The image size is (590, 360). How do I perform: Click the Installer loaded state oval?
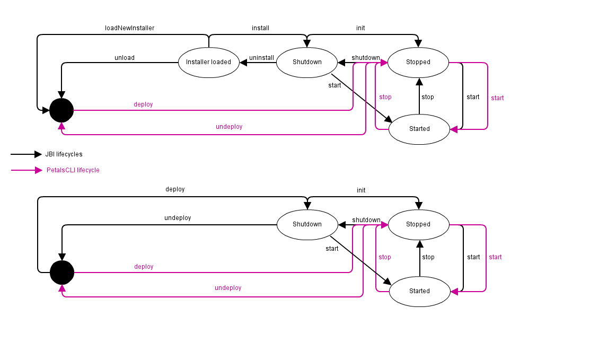pos(208,62)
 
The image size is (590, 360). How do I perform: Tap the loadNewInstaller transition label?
pos(129,28)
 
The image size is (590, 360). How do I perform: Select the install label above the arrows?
pos(260,28)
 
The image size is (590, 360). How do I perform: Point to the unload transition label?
pos(125,58)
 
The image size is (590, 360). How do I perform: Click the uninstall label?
pos(261,58)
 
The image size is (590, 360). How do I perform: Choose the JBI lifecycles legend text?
pos(64,154)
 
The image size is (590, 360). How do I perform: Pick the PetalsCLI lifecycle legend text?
pos(73,170)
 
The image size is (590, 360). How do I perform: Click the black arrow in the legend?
pos(26,154)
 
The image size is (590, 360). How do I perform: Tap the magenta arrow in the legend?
pos(26,170)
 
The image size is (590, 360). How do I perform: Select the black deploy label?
pos(175,189)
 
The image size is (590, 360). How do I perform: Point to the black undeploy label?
pos(178,218)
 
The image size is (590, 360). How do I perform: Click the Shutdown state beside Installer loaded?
pos(307,62)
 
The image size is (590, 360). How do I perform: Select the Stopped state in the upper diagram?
pos(418,62)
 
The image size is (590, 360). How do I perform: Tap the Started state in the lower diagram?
pos(419,291)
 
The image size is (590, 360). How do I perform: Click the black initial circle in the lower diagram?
pos(62,273)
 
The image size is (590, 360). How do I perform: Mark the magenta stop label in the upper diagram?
pos(385,97)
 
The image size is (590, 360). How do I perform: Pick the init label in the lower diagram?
pos(361,190)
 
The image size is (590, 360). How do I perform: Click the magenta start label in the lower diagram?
pos(495,257)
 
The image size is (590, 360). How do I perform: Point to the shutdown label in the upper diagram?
pos(366,58)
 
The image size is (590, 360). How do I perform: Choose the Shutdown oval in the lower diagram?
pos(307,224)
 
